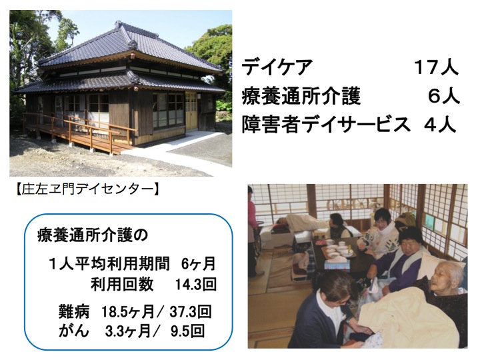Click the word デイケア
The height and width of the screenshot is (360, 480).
277,67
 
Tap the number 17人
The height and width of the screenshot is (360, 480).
437,67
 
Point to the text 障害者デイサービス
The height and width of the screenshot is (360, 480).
325,125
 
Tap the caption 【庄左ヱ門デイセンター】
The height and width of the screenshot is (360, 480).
87,189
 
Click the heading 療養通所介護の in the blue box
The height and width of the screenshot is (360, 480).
92,236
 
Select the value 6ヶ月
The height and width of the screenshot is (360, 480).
198,264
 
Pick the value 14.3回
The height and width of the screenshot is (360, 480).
196,285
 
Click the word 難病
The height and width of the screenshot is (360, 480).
74,312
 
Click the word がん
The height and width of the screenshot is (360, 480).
74,331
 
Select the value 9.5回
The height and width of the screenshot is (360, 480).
187,331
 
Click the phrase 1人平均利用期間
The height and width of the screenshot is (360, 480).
109,264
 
